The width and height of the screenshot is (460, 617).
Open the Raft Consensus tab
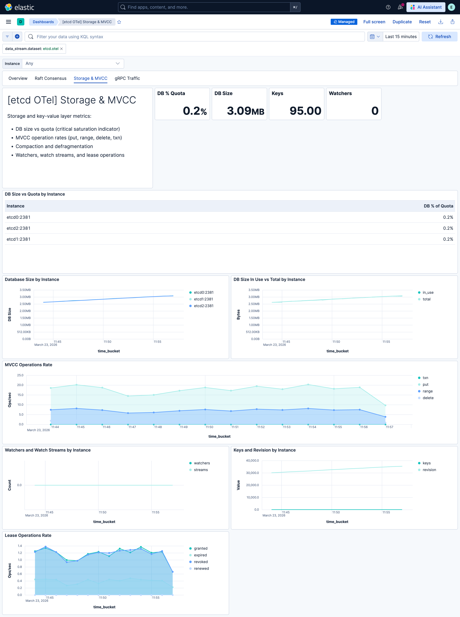point(50,78)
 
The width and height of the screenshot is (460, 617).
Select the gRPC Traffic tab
point(127,78)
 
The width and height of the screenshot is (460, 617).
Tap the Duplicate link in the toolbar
point(402,22)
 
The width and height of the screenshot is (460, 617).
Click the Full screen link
point(374,22)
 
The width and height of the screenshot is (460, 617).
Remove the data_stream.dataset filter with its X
point(62,49)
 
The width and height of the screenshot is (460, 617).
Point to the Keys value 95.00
point(305,111)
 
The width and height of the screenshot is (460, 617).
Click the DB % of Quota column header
point(438,206)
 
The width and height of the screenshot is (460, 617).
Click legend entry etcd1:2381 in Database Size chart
point(203,299)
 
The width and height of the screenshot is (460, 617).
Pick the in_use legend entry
point(428,293)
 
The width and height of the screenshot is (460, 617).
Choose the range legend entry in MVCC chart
point(427,391)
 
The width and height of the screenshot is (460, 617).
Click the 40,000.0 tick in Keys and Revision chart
point(252,461)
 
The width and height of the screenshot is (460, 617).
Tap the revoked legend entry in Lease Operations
point(200,562)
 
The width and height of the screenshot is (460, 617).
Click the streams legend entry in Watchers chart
point(200,470)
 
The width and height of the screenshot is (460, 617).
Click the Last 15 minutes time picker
point(401,37)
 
